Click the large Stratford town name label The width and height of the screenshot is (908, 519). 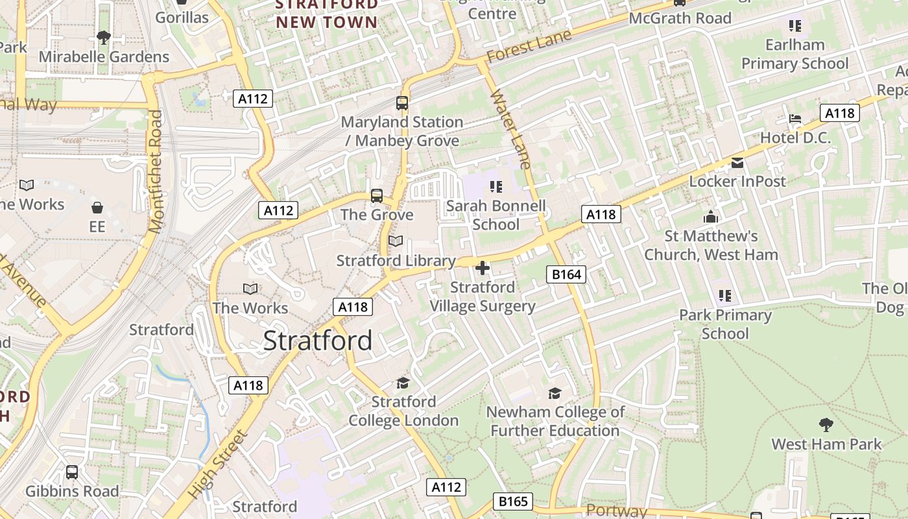(318, 341)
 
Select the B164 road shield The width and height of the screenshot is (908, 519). (566, 274)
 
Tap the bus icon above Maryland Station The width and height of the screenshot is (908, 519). (402, 103)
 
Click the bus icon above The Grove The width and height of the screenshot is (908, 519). (377, 195)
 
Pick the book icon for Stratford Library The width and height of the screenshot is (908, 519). (395, 241)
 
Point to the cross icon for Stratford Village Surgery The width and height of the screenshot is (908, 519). (483, 267)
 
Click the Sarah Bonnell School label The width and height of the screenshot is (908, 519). (496, 215)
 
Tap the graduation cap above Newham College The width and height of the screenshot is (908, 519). (555, 393)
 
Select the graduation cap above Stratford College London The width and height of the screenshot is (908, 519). (403, 383)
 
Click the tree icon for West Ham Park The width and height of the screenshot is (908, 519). (826, 425)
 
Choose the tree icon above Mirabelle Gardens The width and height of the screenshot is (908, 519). (103, 37)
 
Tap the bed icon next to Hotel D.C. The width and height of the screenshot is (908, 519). (795, 119)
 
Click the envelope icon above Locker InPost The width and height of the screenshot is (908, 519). (737, 162)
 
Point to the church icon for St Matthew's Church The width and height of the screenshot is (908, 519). (711, 217)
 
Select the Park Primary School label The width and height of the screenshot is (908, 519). (725, 324)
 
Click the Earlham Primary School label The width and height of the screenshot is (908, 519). (794, 54)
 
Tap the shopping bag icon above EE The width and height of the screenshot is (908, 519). (97, 208)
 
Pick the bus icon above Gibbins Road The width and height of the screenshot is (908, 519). (72, 472)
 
